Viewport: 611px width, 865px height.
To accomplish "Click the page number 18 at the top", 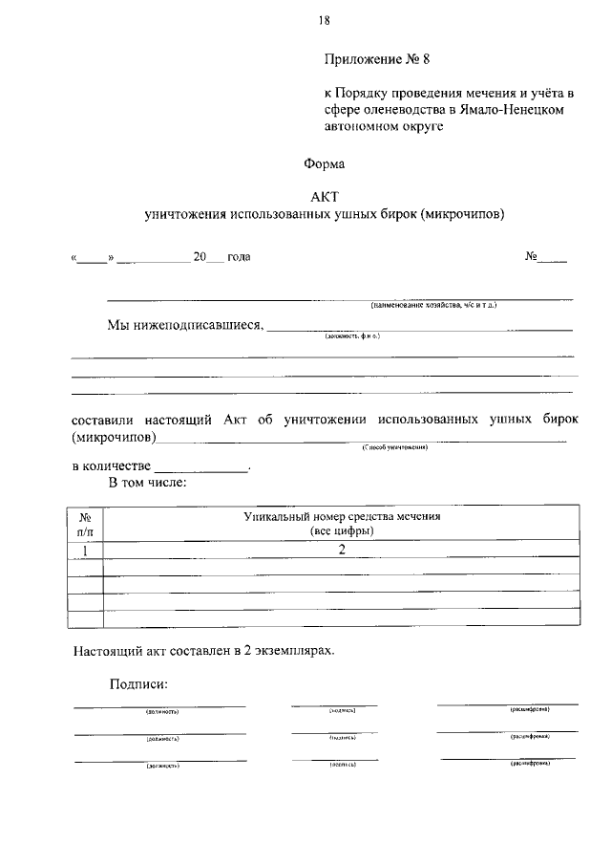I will (325, 19).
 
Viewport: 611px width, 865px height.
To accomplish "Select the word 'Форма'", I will (324, 163).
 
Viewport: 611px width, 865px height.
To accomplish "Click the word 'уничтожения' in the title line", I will (182, 214).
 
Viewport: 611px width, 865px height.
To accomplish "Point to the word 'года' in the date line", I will (238, 257).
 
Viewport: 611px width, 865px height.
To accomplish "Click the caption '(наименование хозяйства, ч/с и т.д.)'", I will (433, 305).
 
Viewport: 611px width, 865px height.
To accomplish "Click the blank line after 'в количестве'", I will (200, 467).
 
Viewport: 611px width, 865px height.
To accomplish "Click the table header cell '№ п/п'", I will (85, 523).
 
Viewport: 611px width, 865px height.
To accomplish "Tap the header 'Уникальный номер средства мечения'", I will (341, 516).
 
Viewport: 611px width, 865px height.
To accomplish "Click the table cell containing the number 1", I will (85, 551).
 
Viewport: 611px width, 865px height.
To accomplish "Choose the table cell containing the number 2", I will (341, 551).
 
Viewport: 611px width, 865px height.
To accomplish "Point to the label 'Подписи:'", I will (138, 684).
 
